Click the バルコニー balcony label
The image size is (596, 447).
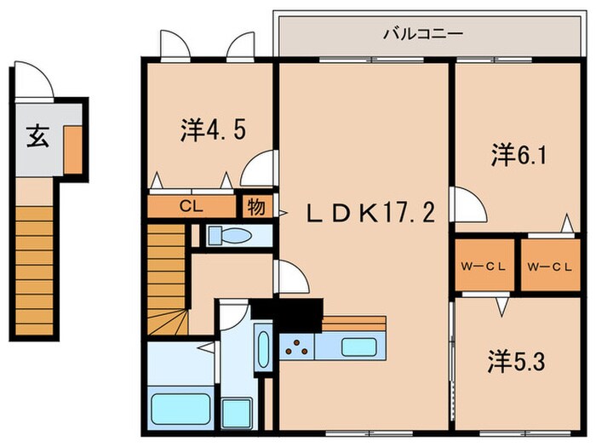[422, 35]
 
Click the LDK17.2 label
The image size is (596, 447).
[371, 212]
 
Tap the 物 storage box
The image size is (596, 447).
[255, 206]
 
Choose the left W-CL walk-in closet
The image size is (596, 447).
[484, 265]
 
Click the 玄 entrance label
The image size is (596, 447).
[37, 136]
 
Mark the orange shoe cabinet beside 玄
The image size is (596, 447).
[72, 145]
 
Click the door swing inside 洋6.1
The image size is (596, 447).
[468, 205]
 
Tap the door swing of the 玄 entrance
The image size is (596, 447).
[37, 83]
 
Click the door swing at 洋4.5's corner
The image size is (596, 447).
[259, 167]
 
